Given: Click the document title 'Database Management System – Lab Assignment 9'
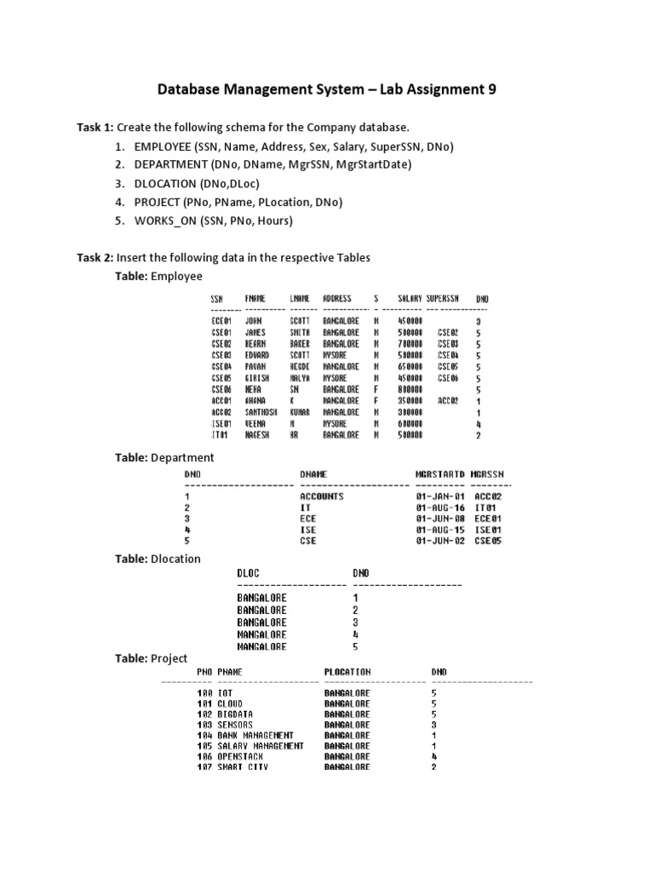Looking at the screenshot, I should [x=327, y=90].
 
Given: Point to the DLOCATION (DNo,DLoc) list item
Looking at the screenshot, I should [x=197, y=183].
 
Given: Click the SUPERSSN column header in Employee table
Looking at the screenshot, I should [x=443, y=299].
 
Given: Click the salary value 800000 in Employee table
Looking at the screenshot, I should [x=410, y=389].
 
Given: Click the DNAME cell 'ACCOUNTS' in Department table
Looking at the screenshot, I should [x=321, y=496].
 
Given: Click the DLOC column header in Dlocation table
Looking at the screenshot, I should [x=246, y=574].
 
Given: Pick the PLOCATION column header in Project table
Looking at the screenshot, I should [x=347, y=672].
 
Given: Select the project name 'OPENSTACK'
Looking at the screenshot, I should [x=241, y=756].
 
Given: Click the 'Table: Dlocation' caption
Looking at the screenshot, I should [x=158, y=559].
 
